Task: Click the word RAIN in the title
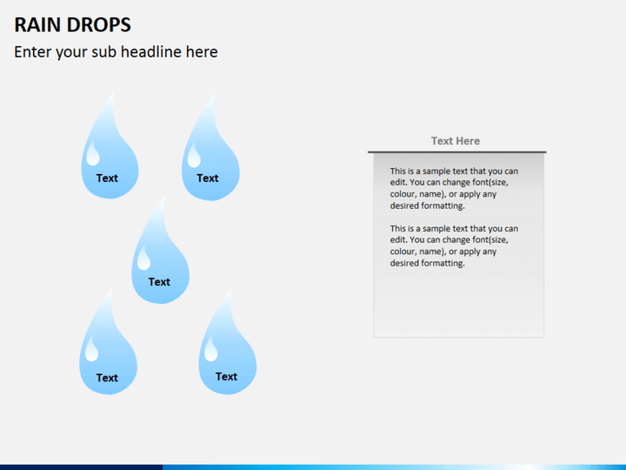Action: tap(37, 23)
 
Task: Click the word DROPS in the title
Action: tap(97, 23)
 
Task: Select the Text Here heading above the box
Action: tap(456, 141)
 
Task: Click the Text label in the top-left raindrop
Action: tap(107, 178)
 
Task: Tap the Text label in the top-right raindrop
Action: tap(208, 178)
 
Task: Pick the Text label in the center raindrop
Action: tap(159, 282)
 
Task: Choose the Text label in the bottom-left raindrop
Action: tap(107, 378)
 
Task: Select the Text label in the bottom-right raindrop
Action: tap(226, 377)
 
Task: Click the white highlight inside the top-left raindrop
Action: tap(92, 155)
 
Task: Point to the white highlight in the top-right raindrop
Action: tap(194, 156)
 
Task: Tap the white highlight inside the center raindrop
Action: tap(143, 258)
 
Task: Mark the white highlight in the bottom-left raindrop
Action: tap(91, 350)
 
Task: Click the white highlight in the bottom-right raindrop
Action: tap(210, 349)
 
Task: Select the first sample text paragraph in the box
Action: tap(454, 189)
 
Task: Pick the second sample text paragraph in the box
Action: tap(454, 245)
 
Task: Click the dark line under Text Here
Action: tap(456, 152)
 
